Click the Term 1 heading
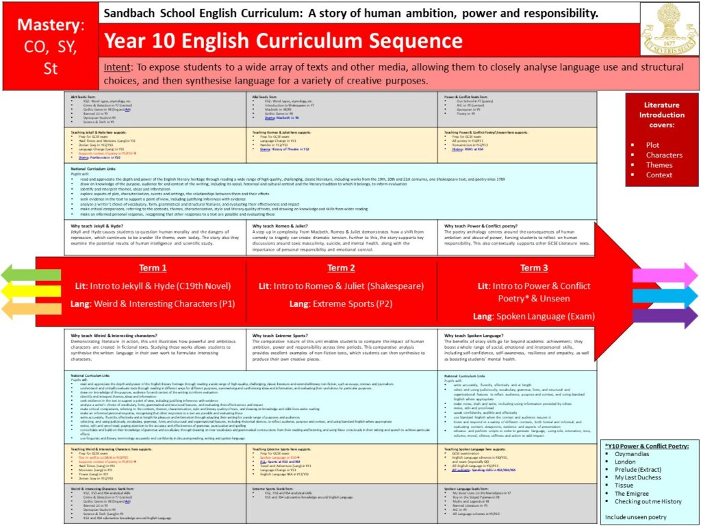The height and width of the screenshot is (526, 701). pyautogui.click(x=153, y=268)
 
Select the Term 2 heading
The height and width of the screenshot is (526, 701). pyautogui.click(x=341, y=268)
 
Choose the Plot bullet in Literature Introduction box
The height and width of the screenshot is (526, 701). pyautogui.click(x=652, y=145)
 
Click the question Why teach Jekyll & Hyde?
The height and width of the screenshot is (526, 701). pyautogui.click(x=102, y=225)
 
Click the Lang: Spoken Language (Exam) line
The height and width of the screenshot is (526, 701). pyautogui.click(x=534, y=316)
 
